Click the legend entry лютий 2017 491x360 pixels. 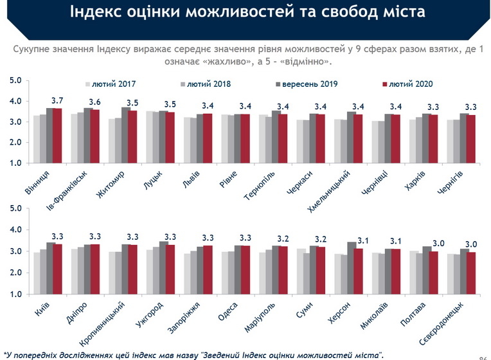(113, 84)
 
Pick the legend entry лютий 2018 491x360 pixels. (208, 84)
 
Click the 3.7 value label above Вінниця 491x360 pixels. (57, 101)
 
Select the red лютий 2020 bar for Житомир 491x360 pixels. (134, 138)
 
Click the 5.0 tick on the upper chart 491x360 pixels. (15, 80)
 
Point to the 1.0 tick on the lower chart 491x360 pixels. (15, 294)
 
